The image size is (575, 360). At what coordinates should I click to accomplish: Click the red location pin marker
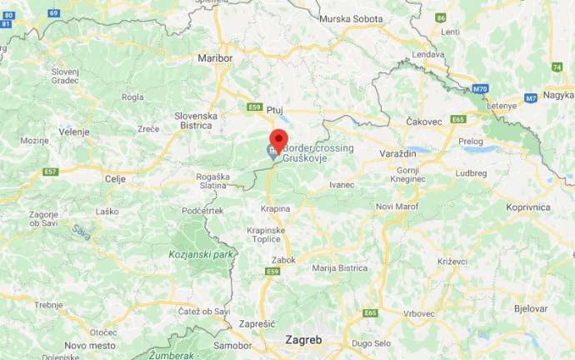278,139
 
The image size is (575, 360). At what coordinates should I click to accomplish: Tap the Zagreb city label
302,340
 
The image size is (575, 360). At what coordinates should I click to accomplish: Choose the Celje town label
114,178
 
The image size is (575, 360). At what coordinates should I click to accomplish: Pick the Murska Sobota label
352,18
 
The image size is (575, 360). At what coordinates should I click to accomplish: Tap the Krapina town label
275,207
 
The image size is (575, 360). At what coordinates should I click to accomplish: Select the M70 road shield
478,88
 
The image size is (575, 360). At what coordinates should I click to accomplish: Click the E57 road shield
51,172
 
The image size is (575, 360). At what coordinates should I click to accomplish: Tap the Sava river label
80,232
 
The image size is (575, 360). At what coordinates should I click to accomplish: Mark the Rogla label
132,97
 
